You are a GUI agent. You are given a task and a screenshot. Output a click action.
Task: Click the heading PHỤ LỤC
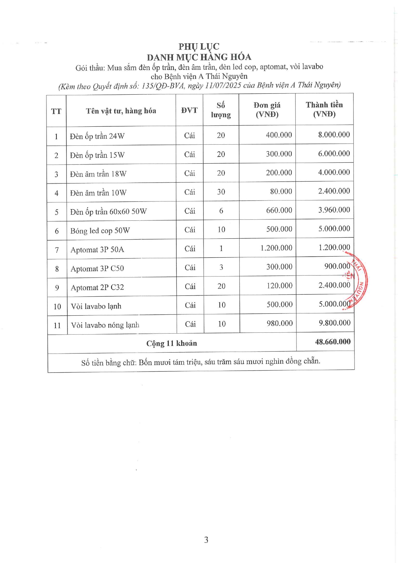tap(199, 47)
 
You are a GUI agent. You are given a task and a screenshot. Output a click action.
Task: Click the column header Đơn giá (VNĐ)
tap(267, 110)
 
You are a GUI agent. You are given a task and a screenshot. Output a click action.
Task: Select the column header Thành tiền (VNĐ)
tap(324, 109)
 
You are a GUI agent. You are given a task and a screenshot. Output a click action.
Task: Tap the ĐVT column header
tap(189, 110)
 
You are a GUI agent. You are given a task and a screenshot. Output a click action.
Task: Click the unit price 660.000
tap(279, 210)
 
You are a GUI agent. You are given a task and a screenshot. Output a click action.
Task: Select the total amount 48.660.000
tap(333, 342)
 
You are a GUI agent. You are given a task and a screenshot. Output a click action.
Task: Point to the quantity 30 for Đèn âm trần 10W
tap(221, 192)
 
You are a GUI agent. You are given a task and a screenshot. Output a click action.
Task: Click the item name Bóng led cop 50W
tap(100, 231)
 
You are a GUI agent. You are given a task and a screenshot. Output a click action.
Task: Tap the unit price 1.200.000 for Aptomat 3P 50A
tap(276, 248)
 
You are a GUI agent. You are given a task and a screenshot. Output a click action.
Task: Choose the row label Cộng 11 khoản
tap(172, 344)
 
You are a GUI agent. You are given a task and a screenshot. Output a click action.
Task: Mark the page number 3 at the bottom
tap(206, 540)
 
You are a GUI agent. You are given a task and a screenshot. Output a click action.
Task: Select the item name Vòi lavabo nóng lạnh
tap(105, 325)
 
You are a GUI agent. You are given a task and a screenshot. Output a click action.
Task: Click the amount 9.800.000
tap(334, 323)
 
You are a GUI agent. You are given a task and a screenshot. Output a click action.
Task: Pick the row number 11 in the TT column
tap(57, 326)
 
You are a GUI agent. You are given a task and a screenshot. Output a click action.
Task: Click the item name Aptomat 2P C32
tap(97, 287)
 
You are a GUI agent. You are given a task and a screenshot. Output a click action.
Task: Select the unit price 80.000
tap(281, 192)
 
